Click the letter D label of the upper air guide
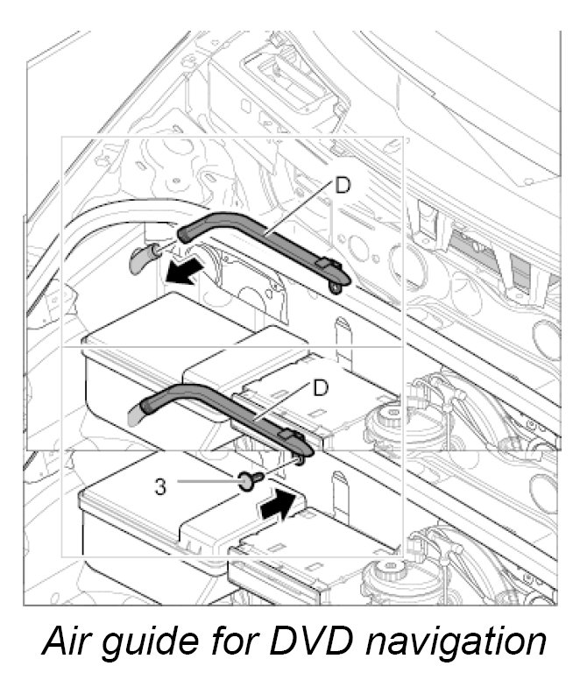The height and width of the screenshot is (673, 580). [343, 186]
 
